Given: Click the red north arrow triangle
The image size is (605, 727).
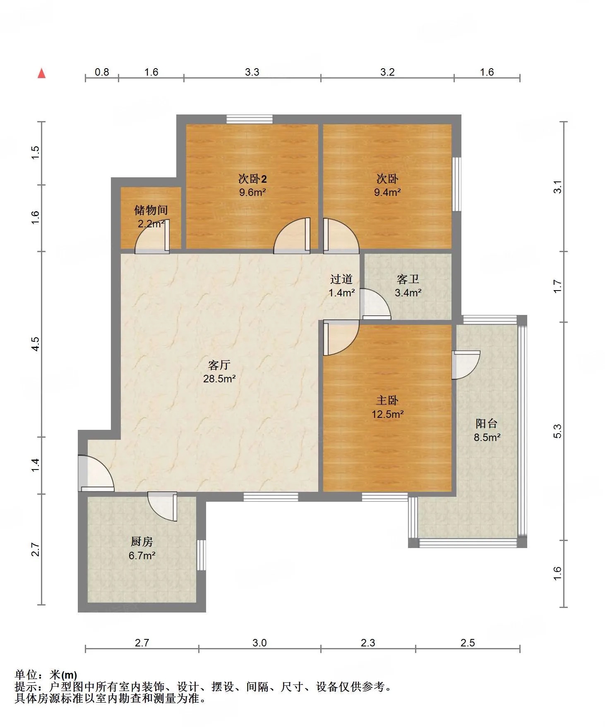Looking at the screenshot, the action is tap(41, 73).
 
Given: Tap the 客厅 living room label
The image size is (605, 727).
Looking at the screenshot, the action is tap(219, 365).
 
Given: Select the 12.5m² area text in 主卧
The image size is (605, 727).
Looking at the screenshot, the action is tap(388, 414).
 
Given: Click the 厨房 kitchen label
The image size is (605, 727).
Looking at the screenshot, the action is tap(142, 541).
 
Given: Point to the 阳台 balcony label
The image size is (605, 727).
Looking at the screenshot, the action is tap(487, 424).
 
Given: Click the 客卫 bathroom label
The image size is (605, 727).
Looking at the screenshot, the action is tap(408, 279).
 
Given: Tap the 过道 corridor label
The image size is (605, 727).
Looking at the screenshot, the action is tap(341, 279).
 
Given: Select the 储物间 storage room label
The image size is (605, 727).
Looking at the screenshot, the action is tap(151, 210).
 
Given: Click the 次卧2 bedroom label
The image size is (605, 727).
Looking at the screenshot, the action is tap(252, 179).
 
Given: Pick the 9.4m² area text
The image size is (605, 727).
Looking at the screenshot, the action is tap(387, 192).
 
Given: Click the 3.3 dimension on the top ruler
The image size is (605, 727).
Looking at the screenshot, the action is tap(252, 72).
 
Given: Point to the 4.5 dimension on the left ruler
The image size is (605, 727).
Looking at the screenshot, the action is tap(36, 344).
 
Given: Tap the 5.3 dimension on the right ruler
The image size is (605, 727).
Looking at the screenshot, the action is tap(557, 431).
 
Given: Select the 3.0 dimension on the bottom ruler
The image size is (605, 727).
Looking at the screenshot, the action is tap(259, 643).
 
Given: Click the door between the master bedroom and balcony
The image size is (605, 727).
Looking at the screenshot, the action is tap(466, 365).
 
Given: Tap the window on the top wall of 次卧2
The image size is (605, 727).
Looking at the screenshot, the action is tap(250, 119).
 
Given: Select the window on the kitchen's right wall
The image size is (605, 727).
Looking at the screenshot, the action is tap(201, 555).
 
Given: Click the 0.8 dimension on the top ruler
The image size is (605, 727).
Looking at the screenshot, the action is tap(102, 72).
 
